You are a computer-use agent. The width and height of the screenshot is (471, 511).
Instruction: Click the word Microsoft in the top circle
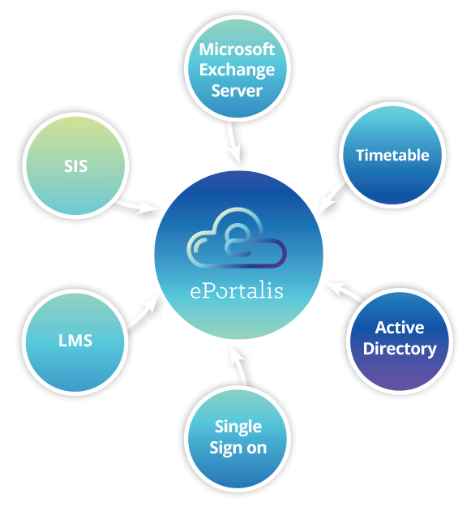click(237, 49)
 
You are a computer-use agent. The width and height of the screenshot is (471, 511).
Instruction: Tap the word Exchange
click(237, 71)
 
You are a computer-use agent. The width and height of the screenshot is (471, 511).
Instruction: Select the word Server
click(237, 90)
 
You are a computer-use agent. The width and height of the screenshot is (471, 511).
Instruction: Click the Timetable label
click(392, 155)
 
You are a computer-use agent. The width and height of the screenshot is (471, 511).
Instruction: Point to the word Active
click(400, 328)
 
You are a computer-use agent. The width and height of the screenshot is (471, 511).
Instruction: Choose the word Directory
click(400, 349)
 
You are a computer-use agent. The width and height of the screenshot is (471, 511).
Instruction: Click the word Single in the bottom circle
click(238, 427)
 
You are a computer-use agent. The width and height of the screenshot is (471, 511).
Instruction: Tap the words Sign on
click(238, 449)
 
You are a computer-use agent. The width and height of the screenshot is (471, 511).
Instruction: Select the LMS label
click(75, 341)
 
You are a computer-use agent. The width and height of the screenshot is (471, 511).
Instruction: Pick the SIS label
click(75, 166)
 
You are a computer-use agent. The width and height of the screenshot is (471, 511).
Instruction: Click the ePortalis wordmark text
click(237, 290)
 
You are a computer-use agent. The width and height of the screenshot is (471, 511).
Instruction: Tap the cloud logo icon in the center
click(237, 238)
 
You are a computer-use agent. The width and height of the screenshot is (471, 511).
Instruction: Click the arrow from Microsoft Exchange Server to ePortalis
click(234, 143)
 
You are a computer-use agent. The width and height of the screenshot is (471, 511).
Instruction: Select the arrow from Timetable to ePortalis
click(332, 196)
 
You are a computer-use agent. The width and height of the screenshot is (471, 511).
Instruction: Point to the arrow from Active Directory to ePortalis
click(345, 291)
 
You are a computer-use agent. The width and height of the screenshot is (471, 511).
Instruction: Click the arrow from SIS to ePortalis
click(136, 206)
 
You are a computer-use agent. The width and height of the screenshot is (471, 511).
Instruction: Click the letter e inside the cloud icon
click(238, 238)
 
